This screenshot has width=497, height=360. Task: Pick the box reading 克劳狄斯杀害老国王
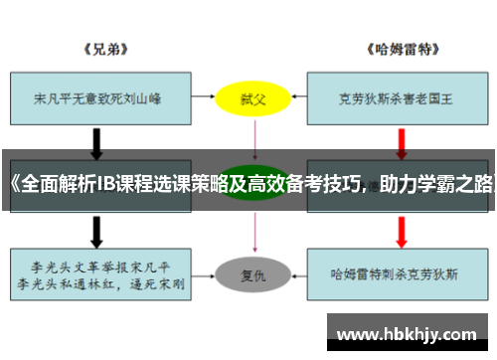click(395, 98)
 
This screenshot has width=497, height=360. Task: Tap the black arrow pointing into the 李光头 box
click(96, 231)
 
